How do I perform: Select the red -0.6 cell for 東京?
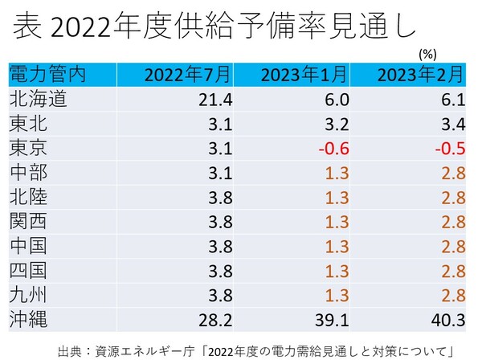[x=333, y=148]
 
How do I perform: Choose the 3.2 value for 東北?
[x=336, y=124]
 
